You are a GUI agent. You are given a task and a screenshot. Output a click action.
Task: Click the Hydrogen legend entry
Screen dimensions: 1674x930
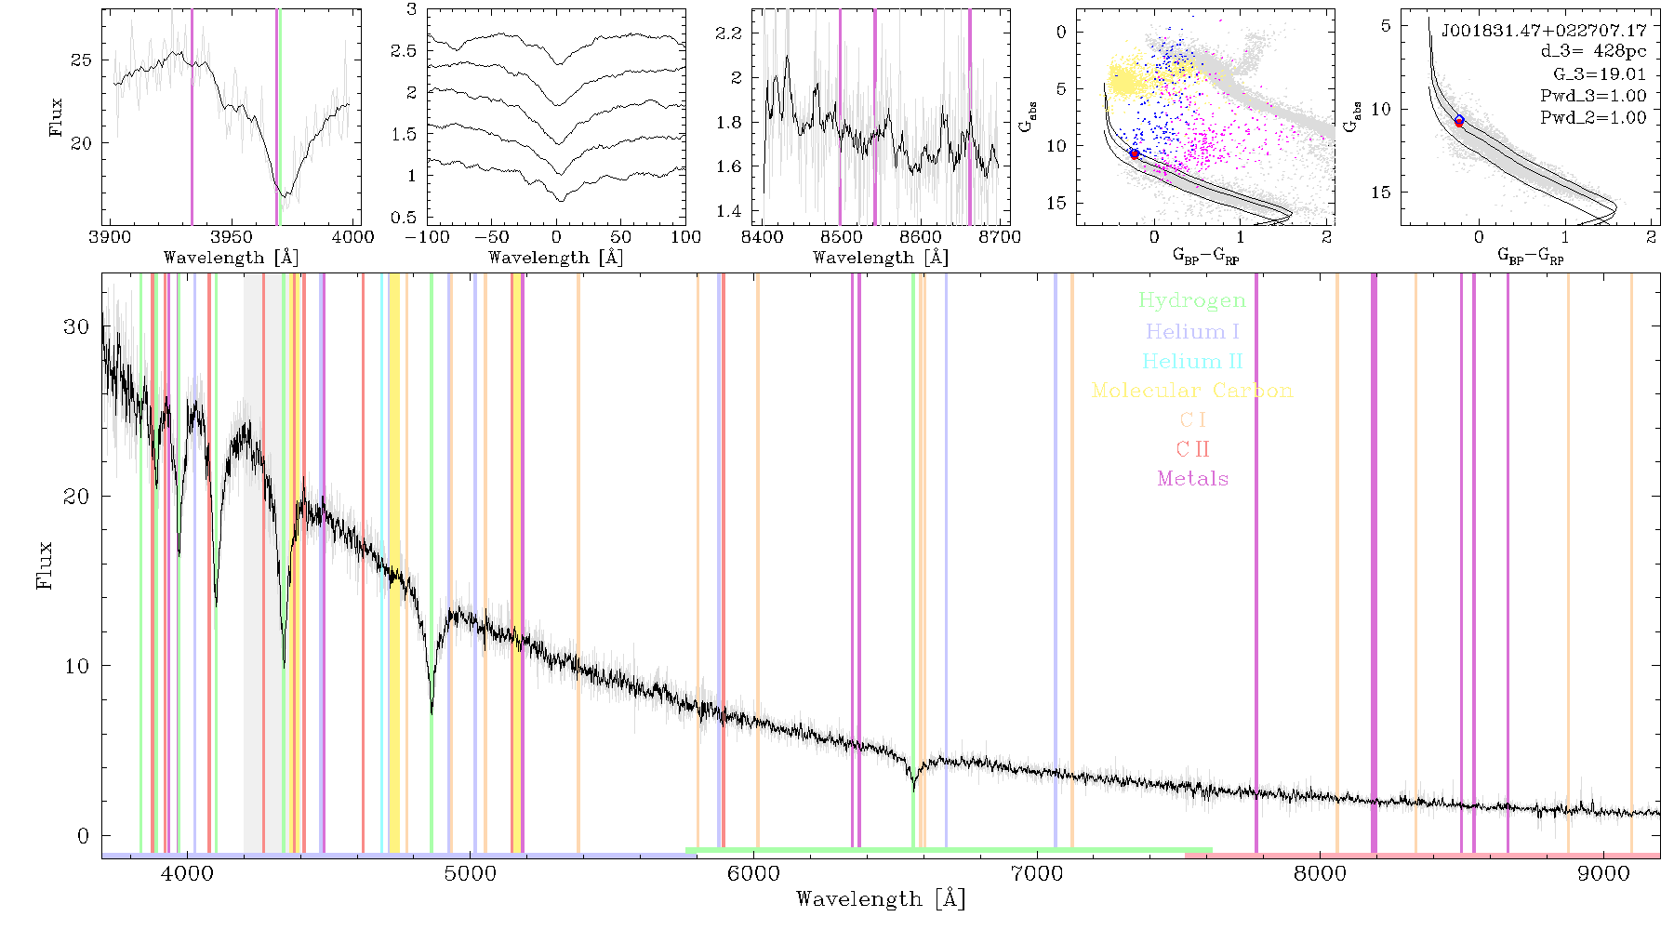click(1191, 300)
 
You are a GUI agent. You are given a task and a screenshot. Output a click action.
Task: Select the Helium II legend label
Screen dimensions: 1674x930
click(1192, 361)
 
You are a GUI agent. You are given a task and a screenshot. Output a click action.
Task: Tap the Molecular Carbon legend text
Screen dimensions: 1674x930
click(1192, 391)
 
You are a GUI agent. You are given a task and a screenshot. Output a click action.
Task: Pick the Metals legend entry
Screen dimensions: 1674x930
click(1193, 479)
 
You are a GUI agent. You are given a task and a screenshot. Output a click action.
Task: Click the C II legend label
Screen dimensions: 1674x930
click(1192, 449)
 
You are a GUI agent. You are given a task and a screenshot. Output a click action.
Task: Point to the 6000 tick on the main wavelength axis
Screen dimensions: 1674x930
click(753, 873)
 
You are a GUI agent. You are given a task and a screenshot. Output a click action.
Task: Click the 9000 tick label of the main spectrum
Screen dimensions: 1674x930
click(1603, 873)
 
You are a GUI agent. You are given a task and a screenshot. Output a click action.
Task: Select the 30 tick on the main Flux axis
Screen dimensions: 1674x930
click(76, 326)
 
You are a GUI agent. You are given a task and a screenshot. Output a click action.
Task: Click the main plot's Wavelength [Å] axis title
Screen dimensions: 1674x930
click(881, 899)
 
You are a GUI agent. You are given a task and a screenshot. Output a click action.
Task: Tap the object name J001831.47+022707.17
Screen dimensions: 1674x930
click(1544, 31)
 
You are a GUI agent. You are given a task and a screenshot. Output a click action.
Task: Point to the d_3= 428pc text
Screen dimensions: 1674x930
click(1594, 52)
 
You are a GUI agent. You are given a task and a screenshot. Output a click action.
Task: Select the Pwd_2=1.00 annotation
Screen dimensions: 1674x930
click(1593, 117)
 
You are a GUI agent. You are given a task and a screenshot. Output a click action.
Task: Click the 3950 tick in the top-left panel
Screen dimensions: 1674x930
click(232, 236)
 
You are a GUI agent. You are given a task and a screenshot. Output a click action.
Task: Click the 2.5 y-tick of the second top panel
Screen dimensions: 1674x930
click(405, 50)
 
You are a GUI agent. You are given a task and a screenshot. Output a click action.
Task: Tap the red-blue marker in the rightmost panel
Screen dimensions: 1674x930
click(1459, 121)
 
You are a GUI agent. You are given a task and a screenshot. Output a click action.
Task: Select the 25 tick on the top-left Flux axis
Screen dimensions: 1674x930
click(82, 60)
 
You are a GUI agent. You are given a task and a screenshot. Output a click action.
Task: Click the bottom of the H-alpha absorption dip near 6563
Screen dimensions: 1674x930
click(914, 790)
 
